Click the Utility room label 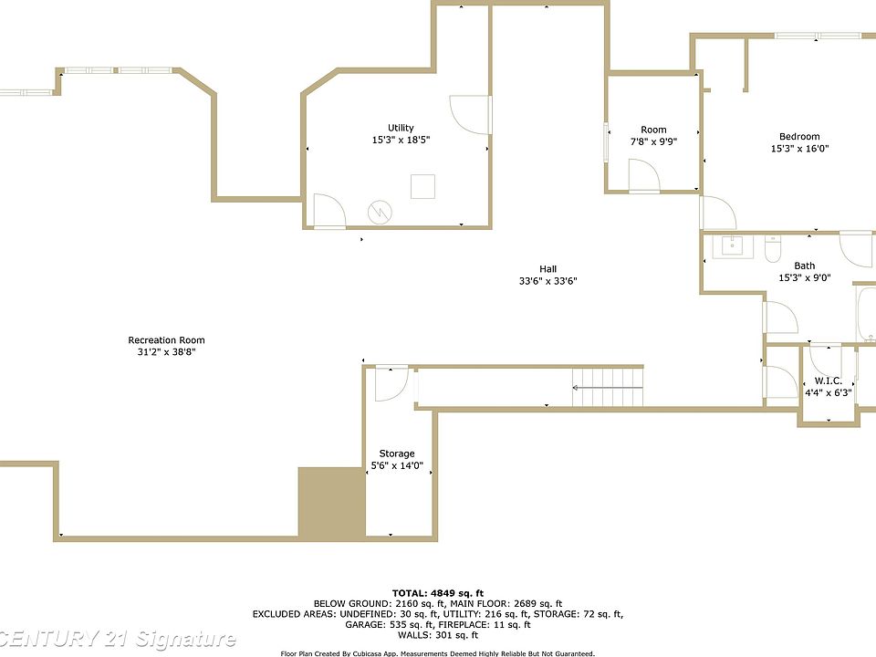pyautogui.click(x=401, y=128)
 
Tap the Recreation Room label pyautogui.click(x=166, y=340)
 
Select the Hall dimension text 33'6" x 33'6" pyautogui.click(x=547, y=281)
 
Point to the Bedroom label pyautogui.click(x=799, y=137)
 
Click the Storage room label pyautogui.click(x=397, y=454)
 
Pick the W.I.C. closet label pyautogui.click(x=828, y=381)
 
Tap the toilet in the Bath pyautogui.click(x=772, y=249)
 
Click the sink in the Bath pyautogui.click(x=732, y=245)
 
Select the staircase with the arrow pyautogui.click(x=608, y=387)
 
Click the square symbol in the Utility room pyautogui.click(x=422, y=186)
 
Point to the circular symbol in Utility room pyautogui.click(x=380, y=213)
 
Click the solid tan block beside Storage pyautogui.click(x=332, y=502)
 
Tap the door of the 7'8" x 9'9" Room pyautogui.click(x=644, y=175)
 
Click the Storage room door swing pyautogui.click(x=391, y=384)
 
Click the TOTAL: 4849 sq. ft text pyautogui.click(x=438, y=593)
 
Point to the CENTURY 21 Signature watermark pyautogui.click(x=118, y=639)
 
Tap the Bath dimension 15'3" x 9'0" pyautogui.click(x=805, y=277)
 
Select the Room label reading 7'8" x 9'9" pyautogui.click(x=653, y=142)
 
